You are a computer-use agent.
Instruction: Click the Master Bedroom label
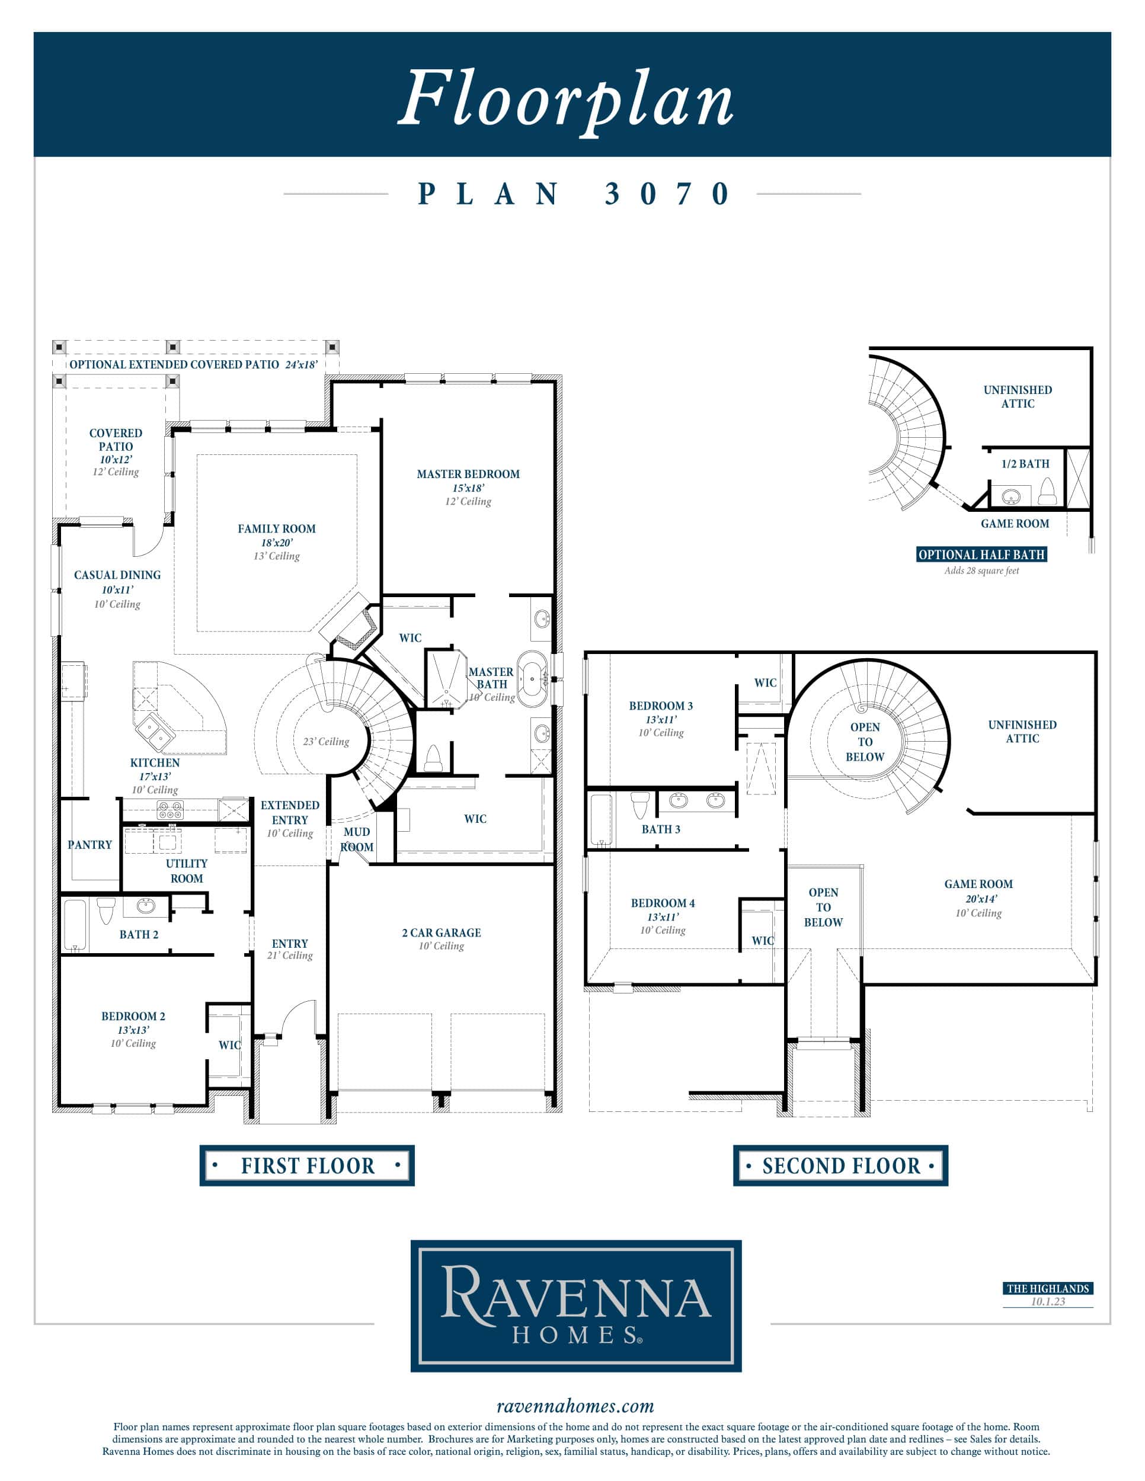point(468,474)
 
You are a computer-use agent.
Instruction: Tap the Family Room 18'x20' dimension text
point(277,543)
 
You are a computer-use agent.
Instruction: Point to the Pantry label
point(89,844)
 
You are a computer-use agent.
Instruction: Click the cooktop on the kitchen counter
point(170,810)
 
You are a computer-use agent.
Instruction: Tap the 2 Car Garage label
point(441,932)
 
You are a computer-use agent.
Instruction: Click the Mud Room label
point(357,839)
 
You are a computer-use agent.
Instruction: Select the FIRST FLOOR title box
point(306,1166)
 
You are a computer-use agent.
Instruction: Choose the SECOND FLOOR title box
point(840,1166)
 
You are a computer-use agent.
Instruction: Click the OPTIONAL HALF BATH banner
point(981,554)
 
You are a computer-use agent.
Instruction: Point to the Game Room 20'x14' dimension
point(981,899)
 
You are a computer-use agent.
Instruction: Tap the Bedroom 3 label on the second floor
point(661,706)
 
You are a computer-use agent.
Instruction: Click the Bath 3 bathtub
point(601,819)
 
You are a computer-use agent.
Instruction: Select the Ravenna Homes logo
point(576,1306)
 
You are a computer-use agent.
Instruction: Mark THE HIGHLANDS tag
point(1048,1288)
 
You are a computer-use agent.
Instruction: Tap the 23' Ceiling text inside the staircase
point(327,741)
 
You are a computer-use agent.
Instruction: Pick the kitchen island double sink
point(155,732)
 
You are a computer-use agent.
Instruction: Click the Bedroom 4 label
point(663,903)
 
